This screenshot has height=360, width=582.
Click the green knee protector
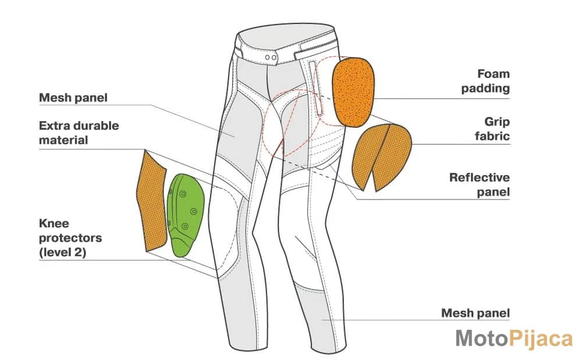pyautogui.click(x=185, y=214)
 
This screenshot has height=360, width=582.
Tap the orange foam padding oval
pyautogui.click(x=353, y=92)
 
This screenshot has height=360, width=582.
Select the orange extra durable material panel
pyautogui.click(x=151, y=201)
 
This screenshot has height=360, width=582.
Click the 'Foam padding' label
pyautogui.click(x=485, y=81)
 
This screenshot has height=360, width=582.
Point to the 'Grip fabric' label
pyautogui.click(x=492, y=129)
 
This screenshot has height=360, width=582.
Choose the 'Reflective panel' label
pyautogui.click(x=479, y=184)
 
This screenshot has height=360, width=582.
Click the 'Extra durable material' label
pyautogui.click(x=79, y=133)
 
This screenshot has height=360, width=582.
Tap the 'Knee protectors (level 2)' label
pyautogui.click(x=70, y=238)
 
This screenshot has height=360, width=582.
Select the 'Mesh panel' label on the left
pyautogui.click(x=73, y=98)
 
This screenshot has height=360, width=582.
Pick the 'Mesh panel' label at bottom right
pyautogui.click(x=475, y=313)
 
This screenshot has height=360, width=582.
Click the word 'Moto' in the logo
pyautogui.click(x=481, y=338)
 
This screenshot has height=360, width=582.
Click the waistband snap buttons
pyautogui.click(x=270, y=58)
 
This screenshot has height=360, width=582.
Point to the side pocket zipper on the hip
pyautogui.click(x=315, y=88)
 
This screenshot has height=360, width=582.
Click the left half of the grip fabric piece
pyautogui.click(x=369, y=156)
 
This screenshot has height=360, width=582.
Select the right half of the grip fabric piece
pyautogui.click(x=392, y=158)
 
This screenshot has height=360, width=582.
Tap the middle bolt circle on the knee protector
pyautogui.click(x=193, y=211)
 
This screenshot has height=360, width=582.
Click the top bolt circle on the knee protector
pyautogui.click(x=182, y=194)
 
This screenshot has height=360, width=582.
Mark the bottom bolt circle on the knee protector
pyautogui.click(x=185, y=226)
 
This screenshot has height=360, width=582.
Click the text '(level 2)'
pyautogui.click(x=62, y=252)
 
